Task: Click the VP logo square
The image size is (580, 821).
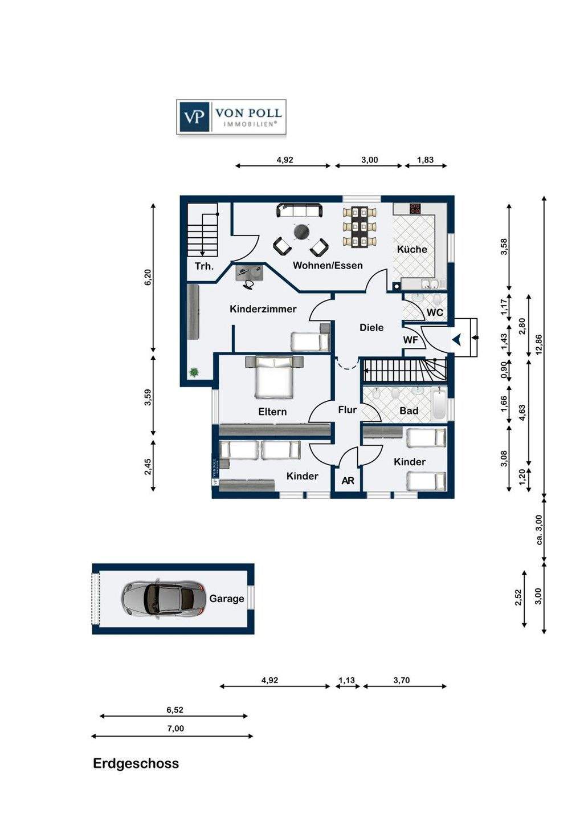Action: (194, 117)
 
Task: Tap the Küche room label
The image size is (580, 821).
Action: (412, 250)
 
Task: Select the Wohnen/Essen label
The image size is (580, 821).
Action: (328, 265)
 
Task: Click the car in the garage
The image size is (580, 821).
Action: (164, 599)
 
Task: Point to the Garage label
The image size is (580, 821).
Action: (227, 599)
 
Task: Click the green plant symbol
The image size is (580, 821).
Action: (193, 373)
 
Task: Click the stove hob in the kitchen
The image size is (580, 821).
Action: (415, 208)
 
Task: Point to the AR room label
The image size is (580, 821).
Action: (348, 481)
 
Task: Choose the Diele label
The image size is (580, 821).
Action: (371, 327)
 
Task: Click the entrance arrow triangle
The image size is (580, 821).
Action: (456, 339)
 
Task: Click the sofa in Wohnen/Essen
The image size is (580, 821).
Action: (299, 210)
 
